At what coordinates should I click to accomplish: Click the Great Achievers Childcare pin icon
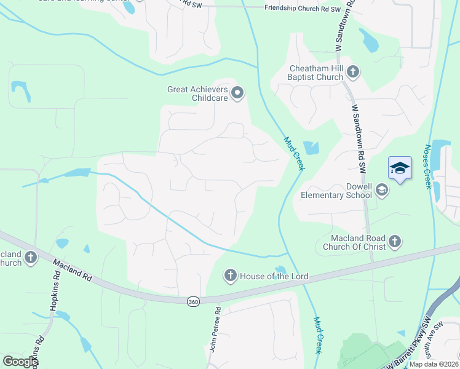click(237, 93)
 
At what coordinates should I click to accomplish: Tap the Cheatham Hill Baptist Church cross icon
click(353, 72)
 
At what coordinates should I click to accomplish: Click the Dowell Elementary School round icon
click(381, 190)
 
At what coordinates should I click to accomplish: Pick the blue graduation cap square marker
click(399, 169)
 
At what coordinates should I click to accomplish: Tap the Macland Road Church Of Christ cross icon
click(395, 242)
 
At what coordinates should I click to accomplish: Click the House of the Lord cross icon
click(231, 275)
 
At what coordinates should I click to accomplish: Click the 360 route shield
click(193, 301)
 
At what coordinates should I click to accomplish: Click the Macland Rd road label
click(73, 270)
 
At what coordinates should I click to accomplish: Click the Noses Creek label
click(428, 167)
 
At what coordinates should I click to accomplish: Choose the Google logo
click(20, 362)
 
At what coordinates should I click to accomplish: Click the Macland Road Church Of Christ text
click(350, 242)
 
